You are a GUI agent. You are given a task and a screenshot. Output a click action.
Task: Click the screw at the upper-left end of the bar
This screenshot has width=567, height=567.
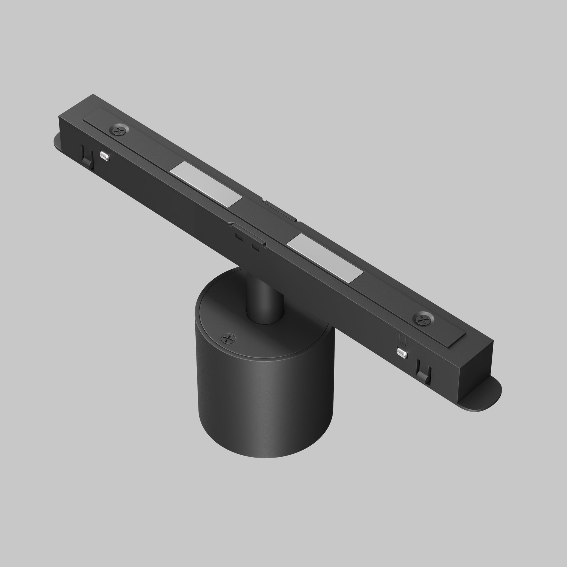point(119,130)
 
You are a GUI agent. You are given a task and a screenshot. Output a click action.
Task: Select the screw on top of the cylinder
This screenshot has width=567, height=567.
point(228,339)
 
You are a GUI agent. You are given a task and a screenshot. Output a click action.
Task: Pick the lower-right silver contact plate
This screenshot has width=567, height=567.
point(325,258)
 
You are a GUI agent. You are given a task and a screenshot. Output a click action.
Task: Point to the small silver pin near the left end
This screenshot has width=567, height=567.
point(105,156)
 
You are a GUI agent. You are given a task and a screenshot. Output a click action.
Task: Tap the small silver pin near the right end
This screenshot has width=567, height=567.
point(402,353)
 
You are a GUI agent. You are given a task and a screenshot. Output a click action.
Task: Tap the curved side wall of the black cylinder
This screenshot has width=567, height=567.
point(264,411)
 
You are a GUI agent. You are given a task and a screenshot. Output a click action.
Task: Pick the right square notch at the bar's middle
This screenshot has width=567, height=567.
point(256,247)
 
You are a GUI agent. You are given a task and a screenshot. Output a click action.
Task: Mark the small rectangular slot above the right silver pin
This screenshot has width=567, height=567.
point(403,341)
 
